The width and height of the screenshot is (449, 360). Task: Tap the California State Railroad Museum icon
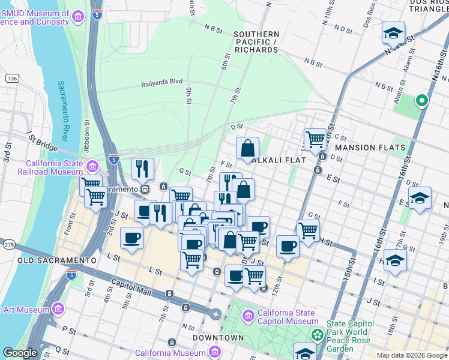[x=92, y=166]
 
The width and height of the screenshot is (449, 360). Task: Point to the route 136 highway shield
[x=11, y=79]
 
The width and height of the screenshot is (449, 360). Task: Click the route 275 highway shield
[x=9, y=244]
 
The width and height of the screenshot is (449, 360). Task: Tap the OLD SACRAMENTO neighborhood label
[x=49, y=260]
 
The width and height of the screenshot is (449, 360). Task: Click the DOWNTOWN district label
[x=218, y=338]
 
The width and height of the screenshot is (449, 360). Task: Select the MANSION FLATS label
[x=370, y=148]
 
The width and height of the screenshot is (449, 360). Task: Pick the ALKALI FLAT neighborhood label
[x=280, y=160]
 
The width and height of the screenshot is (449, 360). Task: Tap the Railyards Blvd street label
[x=161, y=85]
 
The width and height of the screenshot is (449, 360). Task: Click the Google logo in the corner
[x=19, y=353]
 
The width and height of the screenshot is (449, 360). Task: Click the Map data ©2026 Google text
[x=411, y=355]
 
